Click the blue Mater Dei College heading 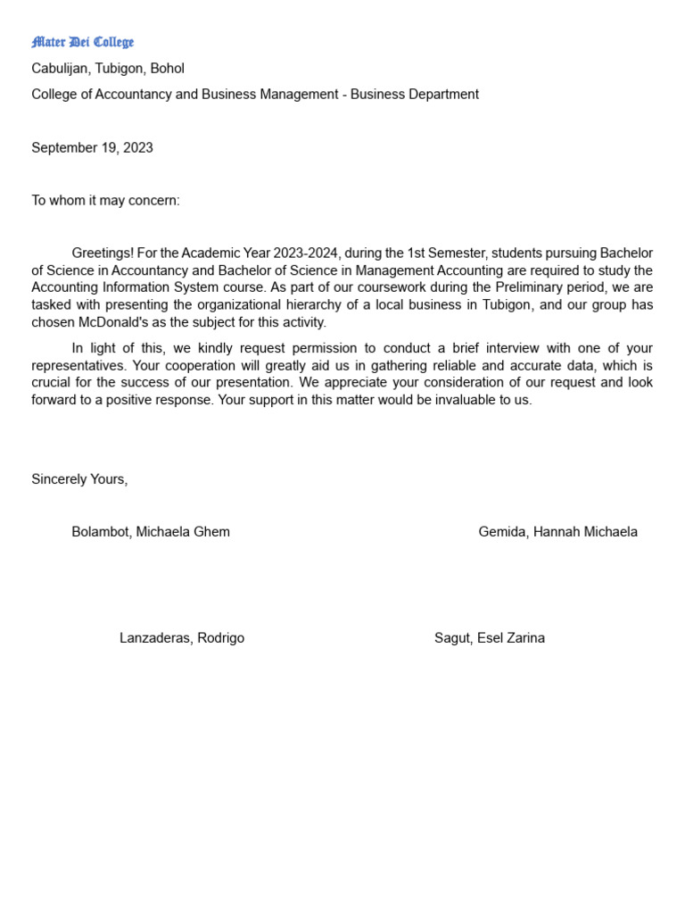82,42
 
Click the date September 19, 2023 92,148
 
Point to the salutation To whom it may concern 105,201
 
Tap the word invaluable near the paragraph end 468,400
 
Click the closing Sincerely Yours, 79,479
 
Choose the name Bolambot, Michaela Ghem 151,532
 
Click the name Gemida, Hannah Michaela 557,532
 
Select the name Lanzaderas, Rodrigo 182,638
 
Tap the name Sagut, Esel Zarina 489,638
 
